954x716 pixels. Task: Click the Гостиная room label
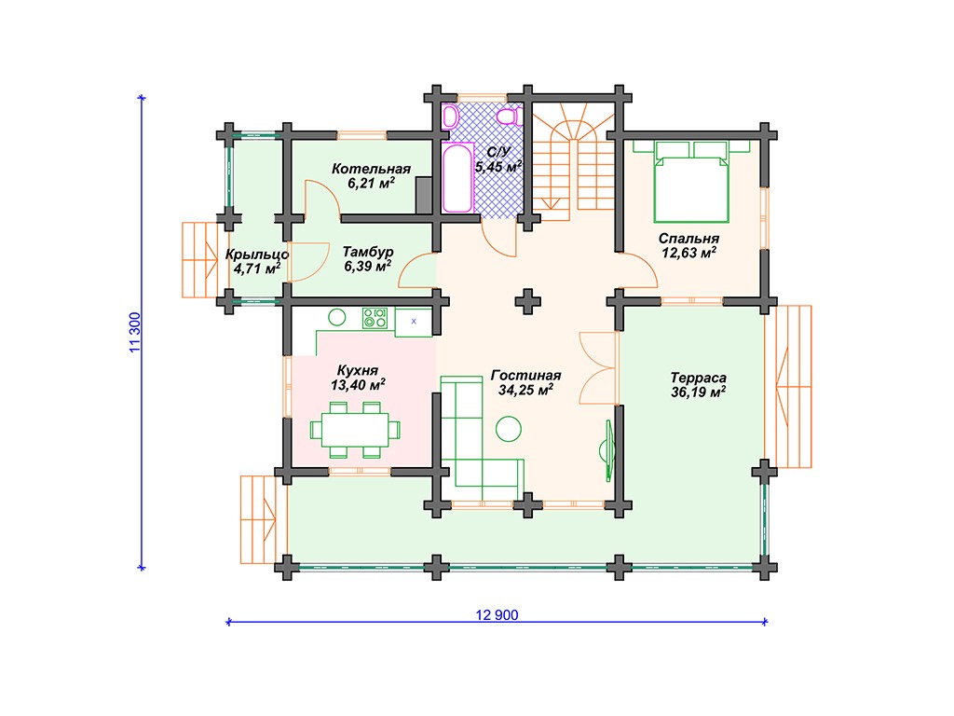(x=525, y=376)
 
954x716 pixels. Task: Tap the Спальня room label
(x=688, y=239)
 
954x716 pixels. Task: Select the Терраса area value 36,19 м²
(x=698, y=392)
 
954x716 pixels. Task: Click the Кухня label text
(x=358, y=370)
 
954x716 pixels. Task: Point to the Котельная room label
(x=371, y=169)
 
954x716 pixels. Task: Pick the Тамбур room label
(x=367, y=252)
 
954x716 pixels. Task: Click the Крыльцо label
(x=257, y=255)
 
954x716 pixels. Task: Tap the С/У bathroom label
(x=498, y=152)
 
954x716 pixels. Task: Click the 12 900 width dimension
(x=497, y=615)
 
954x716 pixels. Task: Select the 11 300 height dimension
(x=134, y=332)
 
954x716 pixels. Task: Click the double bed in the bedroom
(x=691, y=182)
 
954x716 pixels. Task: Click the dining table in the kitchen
(x=355, y=430)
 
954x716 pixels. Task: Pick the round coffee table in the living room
(x=508, y=429)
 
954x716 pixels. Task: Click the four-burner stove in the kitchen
(x=375, y=318)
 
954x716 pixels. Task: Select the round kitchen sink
(x=337, y=317)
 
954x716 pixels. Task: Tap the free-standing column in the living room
(x=527, y=301)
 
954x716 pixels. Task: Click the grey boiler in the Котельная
(x=424, y=195)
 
